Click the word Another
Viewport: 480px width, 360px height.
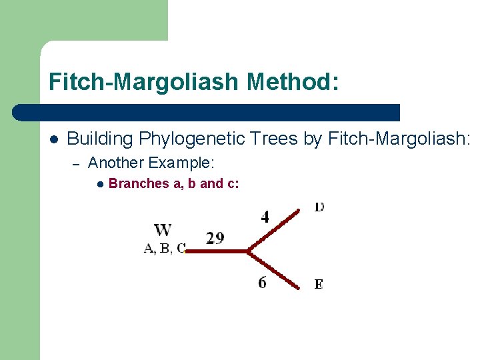point(116,163)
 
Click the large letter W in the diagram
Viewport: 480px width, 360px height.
point(163,231)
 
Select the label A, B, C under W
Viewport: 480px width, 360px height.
point(165,249)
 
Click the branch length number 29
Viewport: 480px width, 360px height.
point(215,238)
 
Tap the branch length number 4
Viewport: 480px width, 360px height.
point(265,217)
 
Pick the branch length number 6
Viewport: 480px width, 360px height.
point(263,283)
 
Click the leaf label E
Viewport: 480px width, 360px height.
point(319,285)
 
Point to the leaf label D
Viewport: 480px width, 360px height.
point(319,207)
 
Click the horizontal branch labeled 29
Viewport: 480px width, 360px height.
point(217,251)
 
